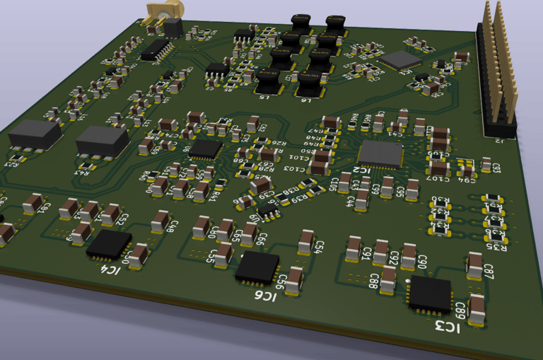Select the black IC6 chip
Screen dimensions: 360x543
(257, 268)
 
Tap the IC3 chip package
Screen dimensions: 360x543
(430, 294)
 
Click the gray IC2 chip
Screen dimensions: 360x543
(380, 153)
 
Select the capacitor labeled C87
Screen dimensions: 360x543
(475, 267)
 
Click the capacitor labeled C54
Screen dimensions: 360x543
(307, 241)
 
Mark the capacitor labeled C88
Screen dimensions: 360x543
(387, 279)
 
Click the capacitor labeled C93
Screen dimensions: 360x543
(486, 164)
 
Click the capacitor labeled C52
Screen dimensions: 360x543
(111, 214)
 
